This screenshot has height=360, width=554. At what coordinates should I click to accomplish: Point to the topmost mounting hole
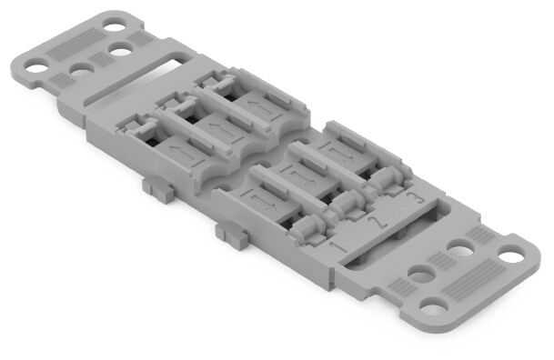click(x=112, y=20)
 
